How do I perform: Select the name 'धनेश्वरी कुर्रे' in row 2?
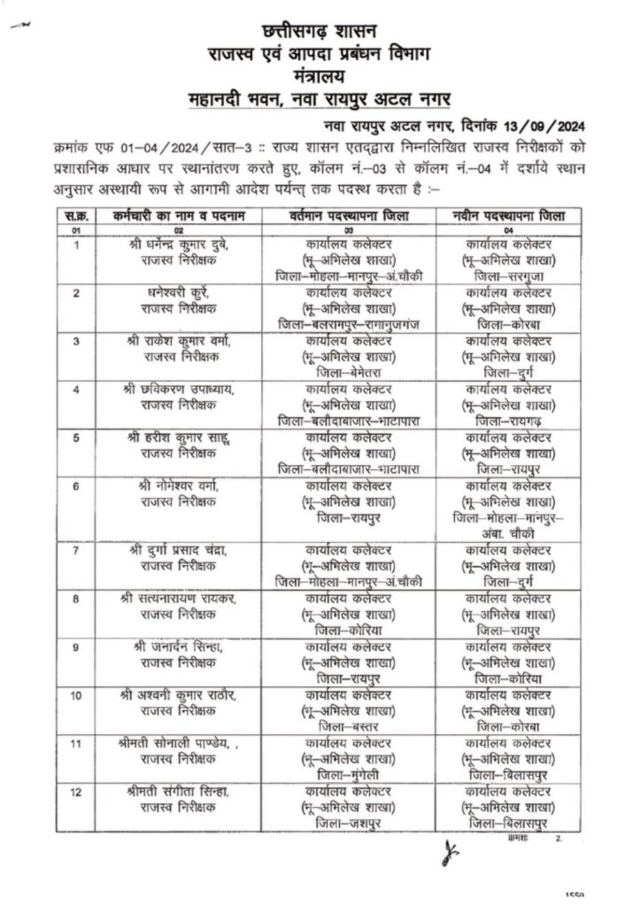(x=174, y=291)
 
